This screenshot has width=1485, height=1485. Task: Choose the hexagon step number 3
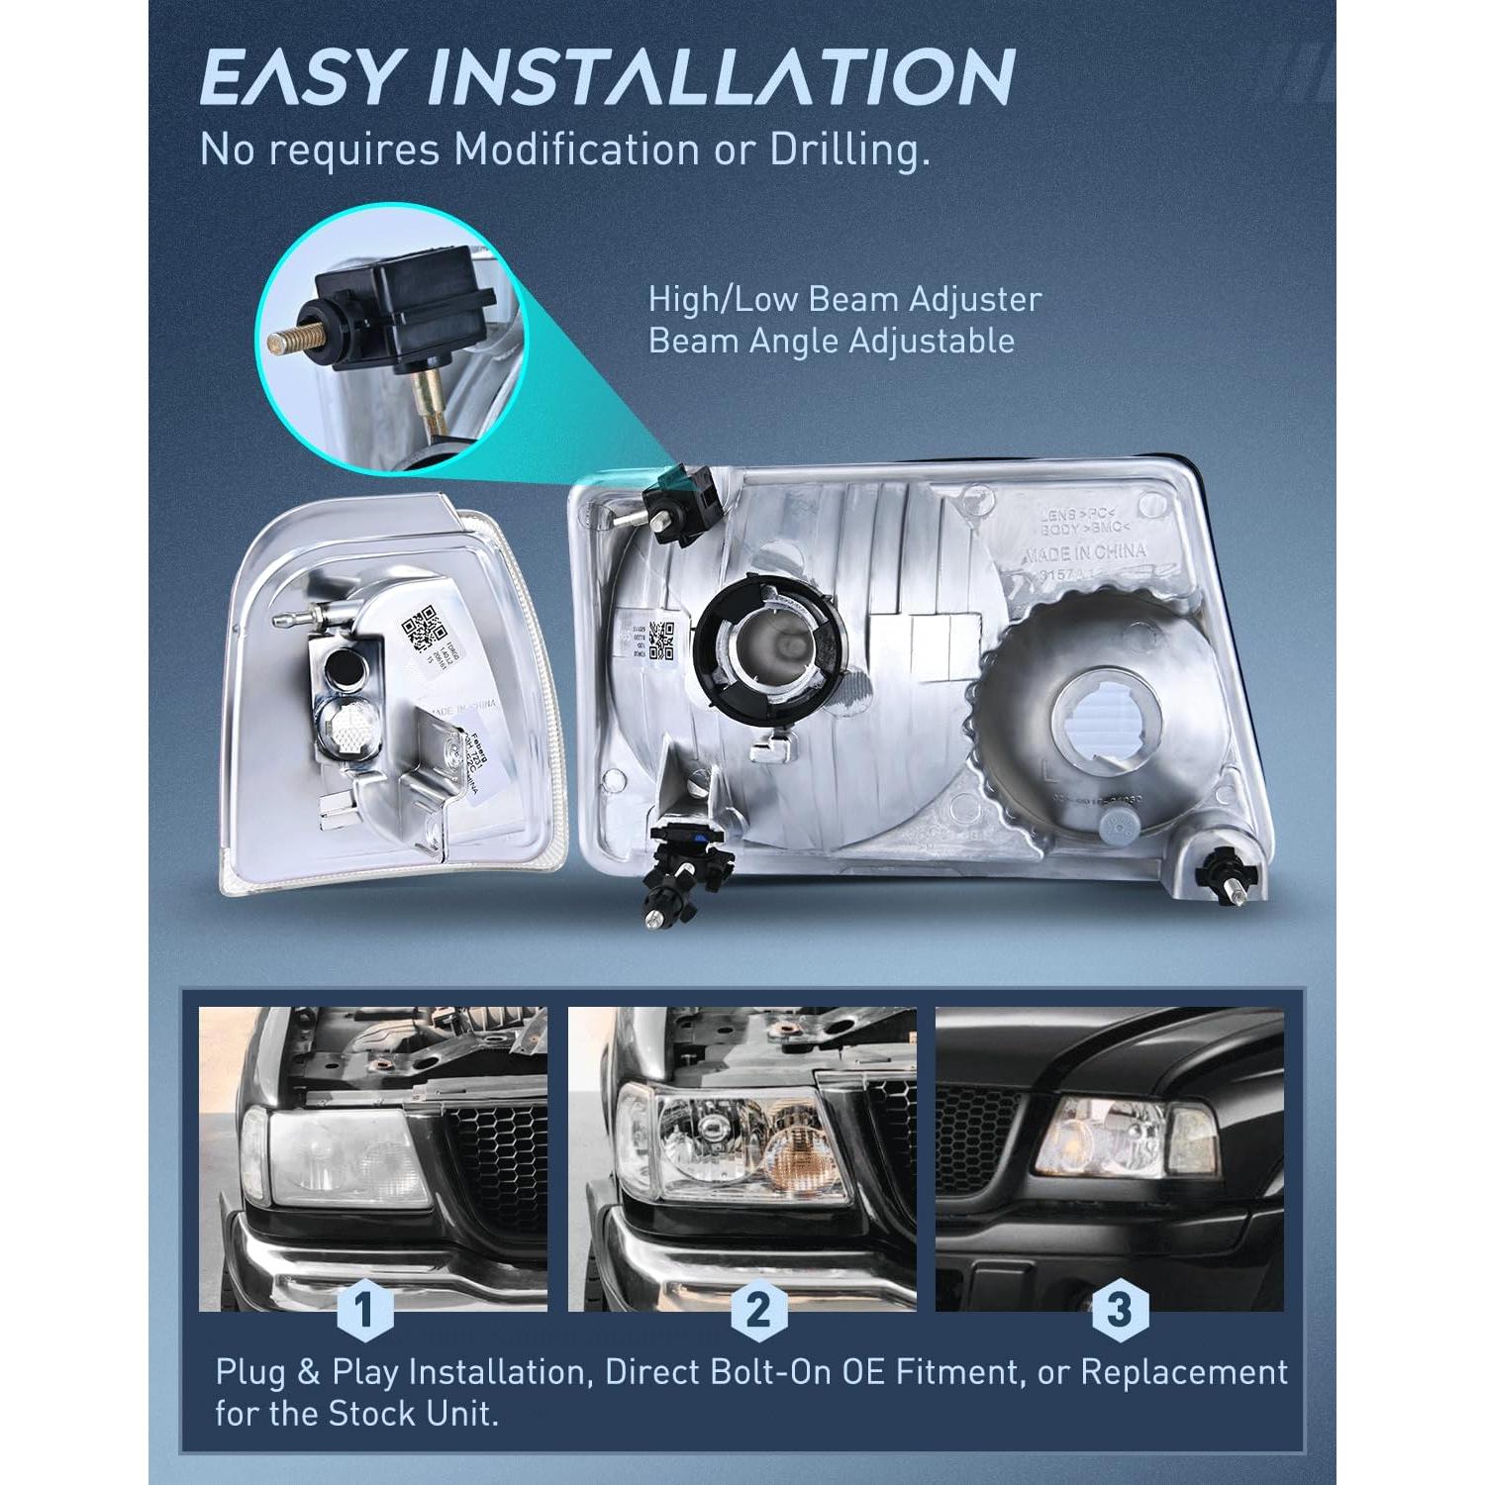click(x=1119, y=1310)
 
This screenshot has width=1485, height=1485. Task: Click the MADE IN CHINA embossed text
click(x=1085, y=552)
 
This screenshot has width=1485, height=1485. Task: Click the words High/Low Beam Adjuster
click(x=844, y=299)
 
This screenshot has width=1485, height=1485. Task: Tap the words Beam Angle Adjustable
click(x=832, y=341)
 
